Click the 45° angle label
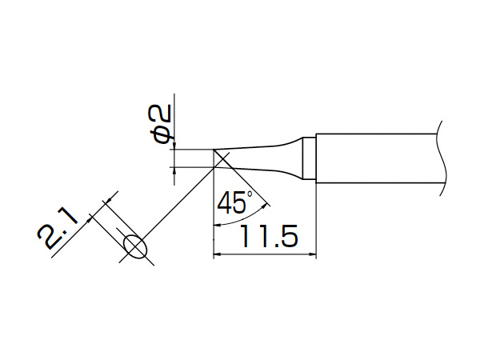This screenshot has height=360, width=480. click(234, 203)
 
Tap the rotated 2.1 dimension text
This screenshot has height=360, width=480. click(58, 228)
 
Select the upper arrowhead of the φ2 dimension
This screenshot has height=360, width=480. click(174, 146)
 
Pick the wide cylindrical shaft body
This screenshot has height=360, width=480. click(376, 158)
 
